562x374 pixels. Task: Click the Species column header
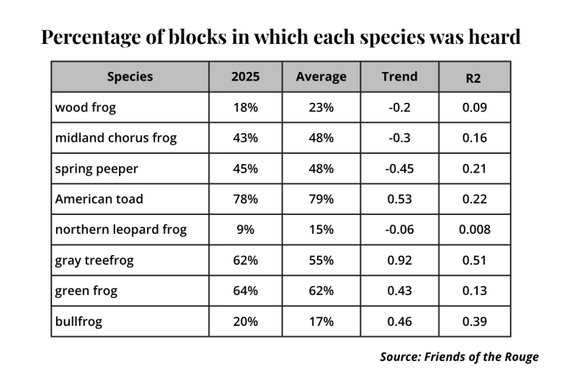[130, 76]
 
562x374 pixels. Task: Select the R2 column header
[473, 78]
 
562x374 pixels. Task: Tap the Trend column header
[399, 76]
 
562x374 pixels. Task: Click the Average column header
[321, 77]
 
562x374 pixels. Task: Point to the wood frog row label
[85, 107]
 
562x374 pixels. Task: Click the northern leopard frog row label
[121, 229]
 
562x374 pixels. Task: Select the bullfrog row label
[79, 321]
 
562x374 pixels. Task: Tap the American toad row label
[99, 199]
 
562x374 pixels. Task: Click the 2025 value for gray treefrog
[245, 260]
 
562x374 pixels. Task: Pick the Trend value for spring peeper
[399, 168]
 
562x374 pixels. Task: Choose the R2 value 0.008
[475, 229]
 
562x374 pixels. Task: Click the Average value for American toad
[321, 199]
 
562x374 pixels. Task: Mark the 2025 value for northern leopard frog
[245, 229]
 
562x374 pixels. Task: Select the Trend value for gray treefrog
[399, 260]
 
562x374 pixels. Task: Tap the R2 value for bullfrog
[475, 321]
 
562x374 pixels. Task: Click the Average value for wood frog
[321, 107]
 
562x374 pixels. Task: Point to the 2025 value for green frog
[245, 291]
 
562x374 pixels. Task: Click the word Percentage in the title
[91, 37]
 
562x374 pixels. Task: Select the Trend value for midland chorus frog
[399, 138]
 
